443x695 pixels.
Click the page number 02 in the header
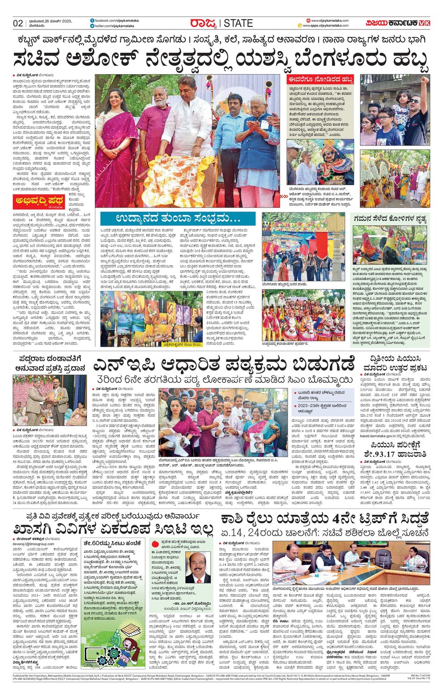18,23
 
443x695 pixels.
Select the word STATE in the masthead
238,23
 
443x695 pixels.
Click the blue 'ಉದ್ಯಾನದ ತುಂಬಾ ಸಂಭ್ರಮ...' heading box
178,219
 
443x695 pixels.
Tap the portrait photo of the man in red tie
198,567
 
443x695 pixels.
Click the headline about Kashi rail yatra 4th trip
324,520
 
